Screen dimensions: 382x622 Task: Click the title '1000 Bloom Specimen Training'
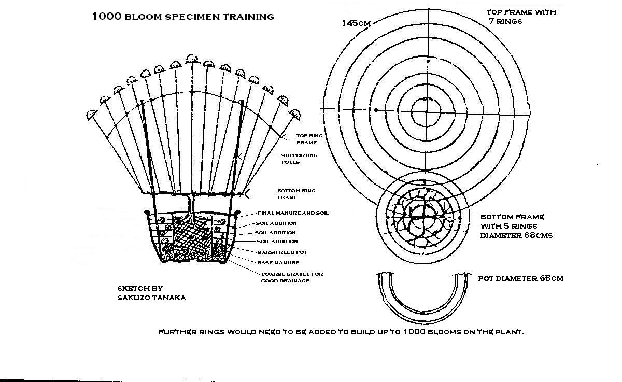click(183, 16)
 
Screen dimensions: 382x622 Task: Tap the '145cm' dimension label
click(356, 23)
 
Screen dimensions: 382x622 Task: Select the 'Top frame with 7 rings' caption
click(521, 17)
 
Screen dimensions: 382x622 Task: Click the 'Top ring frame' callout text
click(309, 138)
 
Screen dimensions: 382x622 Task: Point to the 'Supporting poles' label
click(299, 158)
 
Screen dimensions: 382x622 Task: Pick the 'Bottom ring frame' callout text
click(296, 193)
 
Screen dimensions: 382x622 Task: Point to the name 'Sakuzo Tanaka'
click(151, 298)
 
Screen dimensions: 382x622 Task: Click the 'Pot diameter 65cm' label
click(520, 278)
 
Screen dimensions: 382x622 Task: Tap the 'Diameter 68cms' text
click(516, 235)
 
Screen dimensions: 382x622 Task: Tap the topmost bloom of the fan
click(192, 58)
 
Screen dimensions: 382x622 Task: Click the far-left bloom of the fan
click(92, 115)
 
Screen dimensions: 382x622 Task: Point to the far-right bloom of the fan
click(295, 113)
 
